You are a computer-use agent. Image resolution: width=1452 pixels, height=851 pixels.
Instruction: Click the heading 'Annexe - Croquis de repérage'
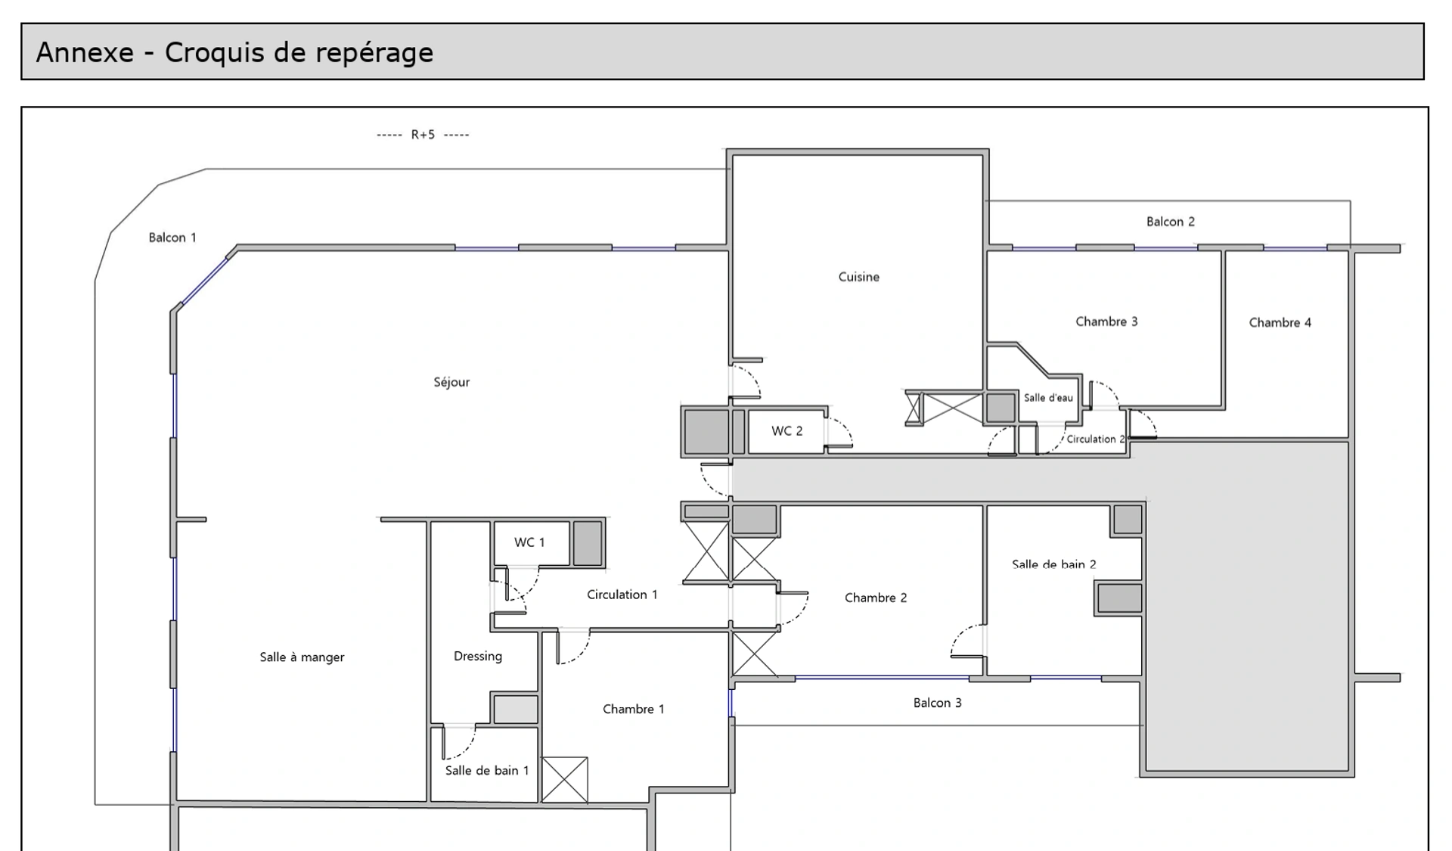point(234,52)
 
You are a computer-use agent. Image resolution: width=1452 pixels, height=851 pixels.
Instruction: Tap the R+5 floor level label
point(423,135)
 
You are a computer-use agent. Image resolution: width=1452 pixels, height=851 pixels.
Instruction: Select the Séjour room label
point(451,382)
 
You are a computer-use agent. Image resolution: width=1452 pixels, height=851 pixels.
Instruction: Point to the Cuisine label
point(858,277)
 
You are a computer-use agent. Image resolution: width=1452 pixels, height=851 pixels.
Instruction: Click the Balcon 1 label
point(172,238)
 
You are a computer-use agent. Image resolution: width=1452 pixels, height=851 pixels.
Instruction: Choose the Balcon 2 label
point(1170,222)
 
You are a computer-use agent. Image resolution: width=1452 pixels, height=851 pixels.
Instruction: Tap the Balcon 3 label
point(937,703)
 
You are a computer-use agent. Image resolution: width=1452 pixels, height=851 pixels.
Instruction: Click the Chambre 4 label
point(1280,322)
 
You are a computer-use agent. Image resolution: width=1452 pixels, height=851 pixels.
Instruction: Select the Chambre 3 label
point(1106,321)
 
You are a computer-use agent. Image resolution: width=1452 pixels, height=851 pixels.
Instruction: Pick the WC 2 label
point(786,431)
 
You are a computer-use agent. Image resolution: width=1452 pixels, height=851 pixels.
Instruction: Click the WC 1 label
point(529,542)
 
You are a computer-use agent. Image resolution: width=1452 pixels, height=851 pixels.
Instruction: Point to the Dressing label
point(477,657)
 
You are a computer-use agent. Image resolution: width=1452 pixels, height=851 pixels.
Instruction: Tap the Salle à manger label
point(302,657)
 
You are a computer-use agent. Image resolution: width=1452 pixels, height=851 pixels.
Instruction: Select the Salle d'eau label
point(1048,398)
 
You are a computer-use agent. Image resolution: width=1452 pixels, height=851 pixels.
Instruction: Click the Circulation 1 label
point(622,595)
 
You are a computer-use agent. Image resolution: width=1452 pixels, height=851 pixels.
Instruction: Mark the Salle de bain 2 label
point(1053,564)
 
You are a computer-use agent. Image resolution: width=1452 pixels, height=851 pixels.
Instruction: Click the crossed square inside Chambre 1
point(565,779)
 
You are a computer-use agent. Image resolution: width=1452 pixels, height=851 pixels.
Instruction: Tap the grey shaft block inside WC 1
point(587,543)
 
